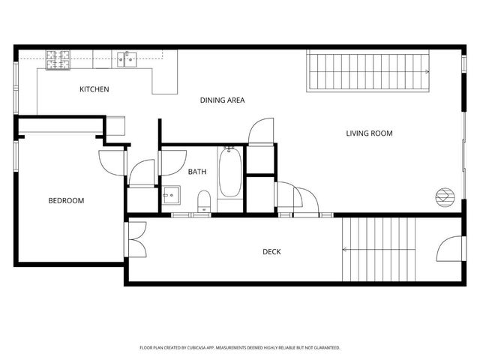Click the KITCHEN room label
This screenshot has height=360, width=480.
[94, 89]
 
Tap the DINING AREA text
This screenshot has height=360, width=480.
[222, 100]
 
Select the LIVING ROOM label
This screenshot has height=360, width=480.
[369, 133]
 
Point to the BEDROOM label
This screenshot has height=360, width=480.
[66, 200]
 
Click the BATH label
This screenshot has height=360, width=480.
[197, 172]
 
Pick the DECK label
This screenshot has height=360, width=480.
[271, 252]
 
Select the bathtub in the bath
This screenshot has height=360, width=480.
[230, 172]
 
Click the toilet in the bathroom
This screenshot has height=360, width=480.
[203, 200]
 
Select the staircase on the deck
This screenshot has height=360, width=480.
[379, 249]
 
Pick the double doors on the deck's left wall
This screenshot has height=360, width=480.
[137, 239]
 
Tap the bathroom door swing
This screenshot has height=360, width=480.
[173, 163]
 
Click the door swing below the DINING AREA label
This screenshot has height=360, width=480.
[262, 131]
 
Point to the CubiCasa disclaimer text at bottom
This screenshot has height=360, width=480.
[240, 348]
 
